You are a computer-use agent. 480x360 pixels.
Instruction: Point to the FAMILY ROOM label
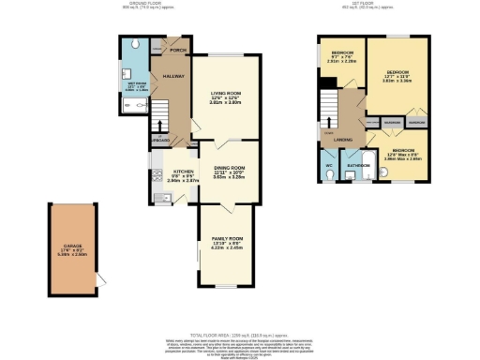coord(224,239)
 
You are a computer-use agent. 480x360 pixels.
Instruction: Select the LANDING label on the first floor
coord(342,141)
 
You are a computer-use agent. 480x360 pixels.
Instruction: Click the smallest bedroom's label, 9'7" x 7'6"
coord(342,56)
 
